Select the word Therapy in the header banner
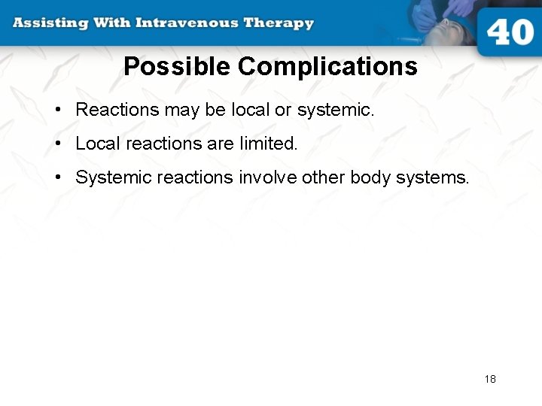[279, 23]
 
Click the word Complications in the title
[327, 67]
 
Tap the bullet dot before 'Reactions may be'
[58, 110]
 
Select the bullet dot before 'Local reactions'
[58, 144]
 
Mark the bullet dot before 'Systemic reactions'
[58, 178]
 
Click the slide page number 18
[490, 379]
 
